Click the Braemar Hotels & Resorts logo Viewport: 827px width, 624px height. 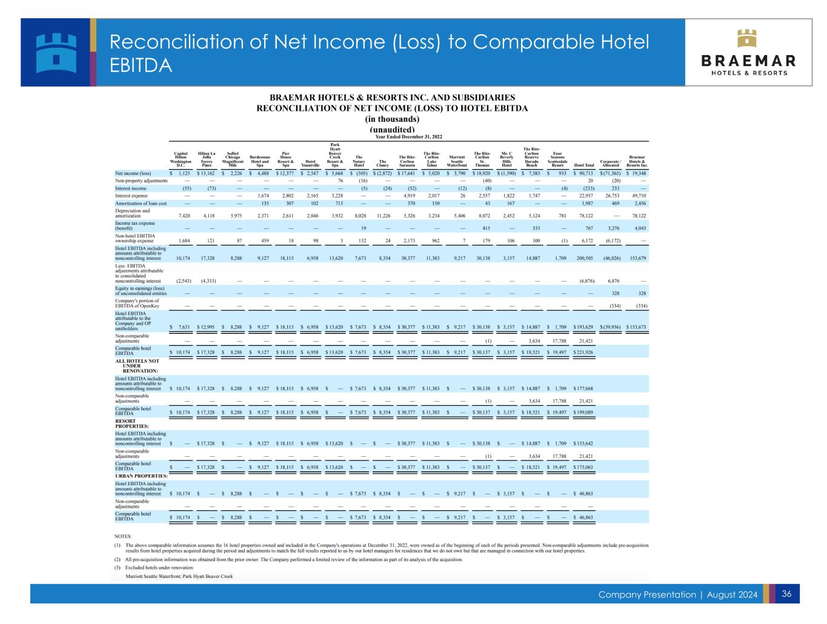[x=748, y=52]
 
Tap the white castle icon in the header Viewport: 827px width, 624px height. [x=55, y=52]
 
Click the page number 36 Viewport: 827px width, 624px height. [x=786, y=594]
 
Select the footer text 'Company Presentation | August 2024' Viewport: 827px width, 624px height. [x=677, y=595]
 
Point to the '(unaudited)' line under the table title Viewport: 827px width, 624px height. [x=392, y=129]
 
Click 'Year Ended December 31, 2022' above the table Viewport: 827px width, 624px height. [x=409, y=136]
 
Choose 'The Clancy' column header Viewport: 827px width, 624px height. [x=382, y=163]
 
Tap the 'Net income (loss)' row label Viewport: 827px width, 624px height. [x=133, y=173]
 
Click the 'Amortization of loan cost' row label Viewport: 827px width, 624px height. [x=141, y=204]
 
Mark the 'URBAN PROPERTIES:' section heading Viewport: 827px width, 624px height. [x=141, y=476]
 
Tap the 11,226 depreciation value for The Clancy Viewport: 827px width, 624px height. [x=382, y=216]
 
